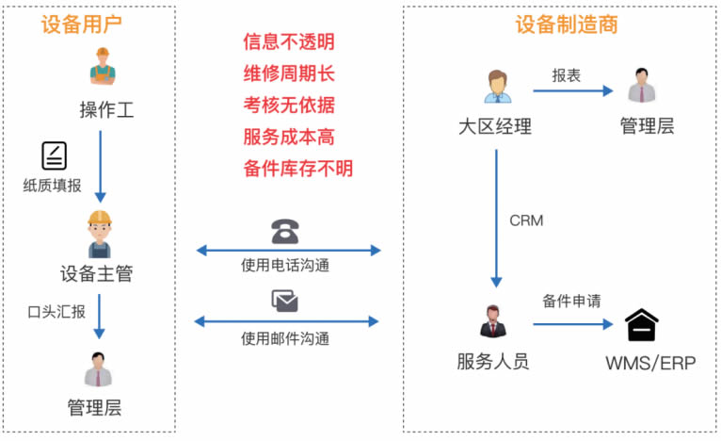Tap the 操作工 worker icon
pos(101,68)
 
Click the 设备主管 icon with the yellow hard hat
pos(100,233)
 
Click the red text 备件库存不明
pos(297,169)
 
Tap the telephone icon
pos(284,231)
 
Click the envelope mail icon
pos(284,301)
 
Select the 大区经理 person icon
pos(496,87)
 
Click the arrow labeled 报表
pos(573,91)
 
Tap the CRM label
pos(526,221)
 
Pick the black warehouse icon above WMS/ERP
pos(642,325)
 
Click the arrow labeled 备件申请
pos(572,325)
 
